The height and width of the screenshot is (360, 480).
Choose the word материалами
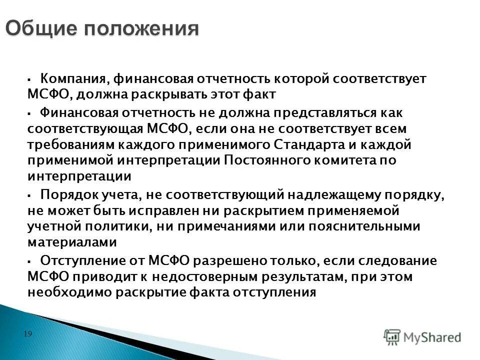72,242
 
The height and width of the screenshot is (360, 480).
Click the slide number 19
28,333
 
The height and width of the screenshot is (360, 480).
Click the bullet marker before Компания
30,79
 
